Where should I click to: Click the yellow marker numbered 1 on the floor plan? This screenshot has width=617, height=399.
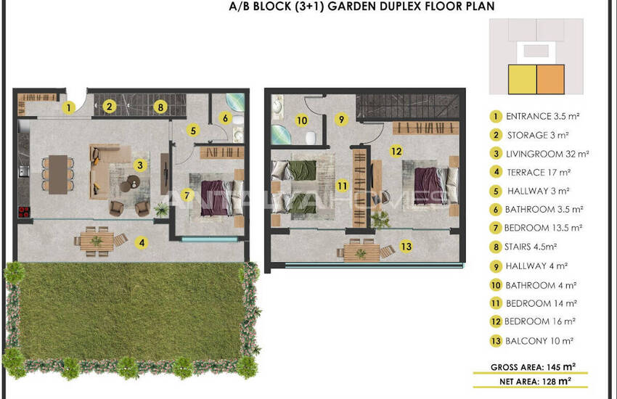69,107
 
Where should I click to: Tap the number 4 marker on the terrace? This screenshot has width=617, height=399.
142,243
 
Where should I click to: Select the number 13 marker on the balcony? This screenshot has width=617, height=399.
406,247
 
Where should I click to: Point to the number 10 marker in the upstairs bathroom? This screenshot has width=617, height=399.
302,120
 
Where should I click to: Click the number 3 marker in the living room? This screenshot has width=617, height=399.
140,165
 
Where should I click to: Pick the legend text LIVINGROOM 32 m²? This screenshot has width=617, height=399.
547,154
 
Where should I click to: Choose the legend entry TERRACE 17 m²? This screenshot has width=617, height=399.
539,172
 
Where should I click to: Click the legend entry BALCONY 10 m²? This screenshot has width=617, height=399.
539,341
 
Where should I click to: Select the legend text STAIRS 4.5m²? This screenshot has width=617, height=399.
531,247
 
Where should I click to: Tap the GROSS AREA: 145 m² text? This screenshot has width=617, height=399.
533,367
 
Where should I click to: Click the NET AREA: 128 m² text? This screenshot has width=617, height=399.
535,382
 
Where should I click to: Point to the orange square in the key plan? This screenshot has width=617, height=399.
550,79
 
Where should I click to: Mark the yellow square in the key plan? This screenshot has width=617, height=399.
523,79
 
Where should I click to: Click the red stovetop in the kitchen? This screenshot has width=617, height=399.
24,212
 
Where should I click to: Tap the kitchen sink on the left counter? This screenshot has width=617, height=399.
24,171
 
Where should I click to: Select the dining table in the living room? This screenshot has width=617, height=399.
58,175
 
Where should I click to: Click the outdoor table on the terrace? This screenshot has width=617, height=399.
97,241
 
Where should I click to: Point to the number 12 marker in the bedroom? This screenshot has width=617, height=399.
396,151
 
